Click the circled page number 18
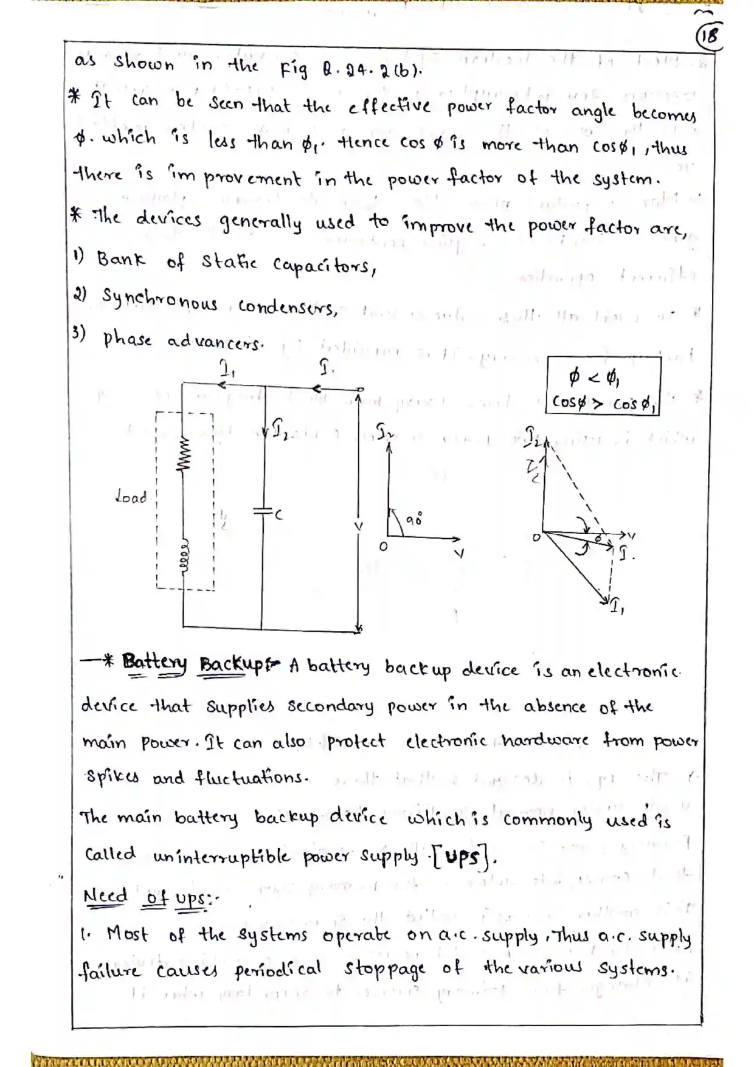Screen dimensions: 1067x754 [708, 36]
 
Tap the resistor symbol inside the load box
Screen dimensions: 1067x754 [182, 454]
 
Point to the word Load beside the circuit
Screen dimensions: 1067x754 [131, 497]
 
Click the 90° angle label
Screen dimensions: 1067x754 [415, 519]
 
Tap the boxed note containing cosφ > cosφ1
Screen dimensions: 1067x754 [603, 386]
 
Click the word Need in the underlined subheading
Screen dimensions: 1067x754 [105, 896]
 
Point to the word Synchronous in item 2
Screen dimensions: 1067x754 [159, 300]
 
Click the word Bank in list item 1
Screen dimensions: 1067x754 [121, 260]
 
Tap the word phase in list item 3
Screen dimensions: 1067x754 [126, 338]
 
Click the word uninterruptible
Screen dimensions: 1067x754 [221, 857]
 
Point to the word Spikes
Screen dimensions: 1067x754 [112, 778]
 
